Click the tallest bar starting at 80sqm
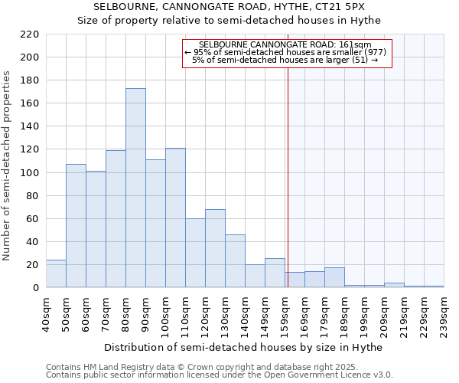(x=135, y=188)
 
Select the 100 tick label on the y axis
(x=30, y=172)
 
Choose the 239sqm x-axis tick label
(x=443, y=313)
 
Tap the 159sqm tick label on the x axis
(x=285, y=313)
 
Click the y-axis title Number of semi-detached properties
(x=8, y=165)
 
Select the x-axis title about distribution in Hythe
(x=245, y=347)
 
